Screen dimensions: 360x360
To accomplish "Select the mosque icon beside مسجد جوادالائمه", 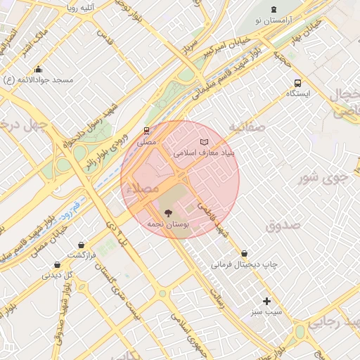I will coord(38,69).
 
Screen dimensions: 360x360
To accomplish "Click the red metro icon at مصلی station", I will coord(146,130).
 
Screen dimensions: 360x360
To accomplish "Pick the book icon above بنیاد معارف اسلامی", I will coord(205,141).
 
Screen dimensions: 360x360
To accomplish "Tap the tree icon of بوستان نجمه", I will coord(167,212).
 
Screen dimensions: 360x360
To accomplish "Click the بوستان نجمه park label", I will coord(167,223).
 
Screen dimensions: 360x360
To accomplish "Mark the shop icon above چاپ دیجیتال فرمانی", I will coord(244,253).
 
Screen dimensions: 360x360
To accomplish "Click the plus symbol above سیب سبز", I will coord(266,301).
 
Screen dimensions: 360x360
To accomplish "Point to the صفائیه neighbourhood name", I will coord(246,127).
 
